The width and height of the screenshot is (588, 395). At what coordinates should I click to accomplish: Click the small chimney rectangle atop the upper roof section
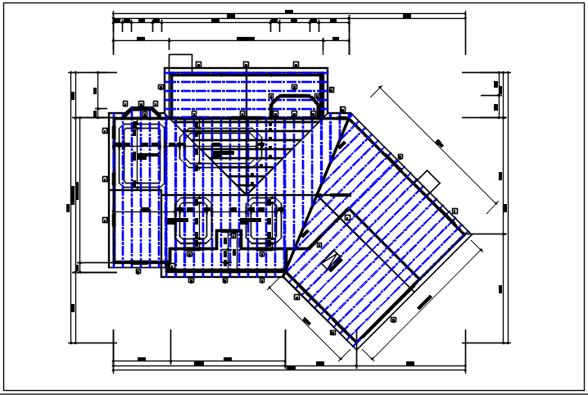click(x=180, y=61)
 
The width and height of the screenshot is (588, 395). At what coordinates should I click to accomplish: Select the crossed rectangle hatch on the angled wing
click(x=332, y=262)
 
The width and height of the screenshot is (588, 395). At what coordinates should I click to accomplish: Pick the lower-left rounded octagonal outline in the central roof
click(x=195, y=220)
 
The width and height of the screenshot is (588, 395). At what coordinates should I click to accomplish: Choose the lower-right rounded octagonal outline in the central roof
click(x=264, y=220)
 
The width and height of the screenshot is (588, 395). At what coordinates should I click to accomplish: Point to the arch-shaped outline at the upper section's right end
click(x=294, y=105)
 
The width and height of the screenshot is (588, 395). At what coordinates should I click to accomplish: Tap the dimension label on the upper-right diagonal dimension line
click(x=439, y=143)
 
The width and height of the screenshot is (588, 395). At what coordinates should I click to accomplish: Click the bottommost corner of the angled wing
click(x=356, y=347)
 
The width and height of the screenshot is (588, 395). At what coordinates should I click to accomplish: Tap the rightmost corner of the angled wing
click(x=471, y=233)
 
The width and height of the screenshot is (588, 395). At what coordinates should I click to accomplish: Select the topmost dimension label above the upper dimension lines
click(x=288, y=11)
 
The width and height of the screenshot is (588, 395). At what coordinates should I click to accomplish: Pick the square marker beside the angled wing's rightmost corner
click(x=455, y=210)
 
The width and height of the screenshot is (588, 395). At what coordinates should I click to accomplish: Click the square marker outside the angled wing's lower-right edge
click(x=394, y=319)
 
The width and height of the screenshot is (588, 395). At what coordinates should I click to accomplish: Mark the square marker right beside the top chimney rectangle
click(x=198, y=62)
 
